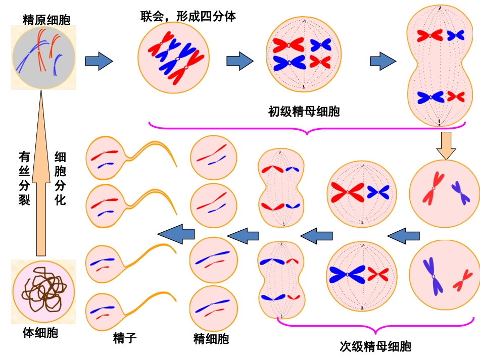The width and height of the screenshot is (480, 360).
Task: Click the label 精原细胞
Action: coord(46,19)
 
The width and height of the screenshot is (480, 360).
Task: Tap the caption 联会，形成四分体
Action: coord(188,16)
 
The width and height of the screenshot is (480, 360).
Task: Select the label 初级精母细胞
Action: coord(304,111)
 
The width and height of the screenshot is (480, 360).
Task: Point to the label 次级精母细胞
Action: coord(375,346)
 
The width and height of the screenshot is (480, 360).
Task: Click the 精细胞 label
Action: coord(211,338)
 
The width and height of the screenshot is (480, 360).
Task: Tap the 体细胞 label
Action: coord(40,333)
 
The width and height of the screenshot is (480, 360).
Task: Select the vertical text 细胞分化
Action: coord(60,178)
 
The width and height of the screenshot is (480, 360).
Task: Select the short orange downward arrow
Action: coord(446,145)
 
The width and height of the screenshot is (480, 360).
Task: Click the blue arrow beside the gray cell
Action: coord(99,61)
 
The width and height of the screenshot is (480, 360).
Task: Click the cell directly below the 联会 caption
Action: coord(174,59)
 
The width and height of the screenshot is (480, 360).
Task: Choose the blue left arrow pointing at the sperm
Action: coord(176,233)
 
